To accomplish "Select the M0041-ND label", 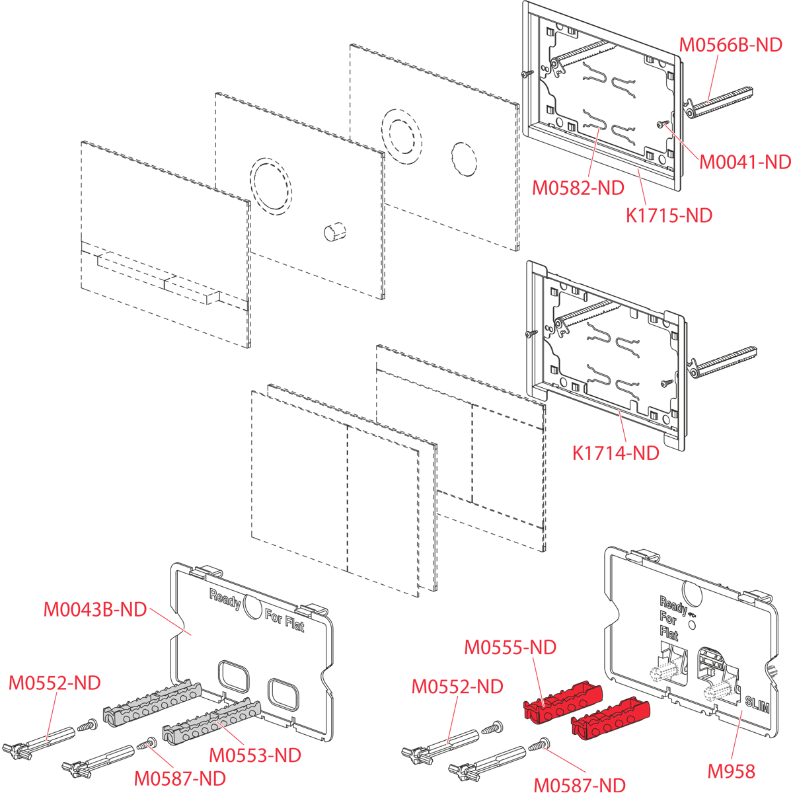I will point(745,162).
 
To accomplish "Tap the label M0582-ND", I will point(578,188).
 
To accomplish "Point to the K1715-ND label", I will point(669,215).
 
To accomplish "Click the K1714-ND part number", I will point(615,453).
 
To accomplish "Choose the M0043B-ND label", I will point(95,609).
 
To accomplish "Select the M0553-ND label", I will point(255,755).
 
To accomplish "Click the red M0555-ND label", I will point(510,647).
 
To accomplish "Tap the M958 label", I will point(731,771).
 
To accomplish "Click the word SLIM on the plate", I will point(757,704).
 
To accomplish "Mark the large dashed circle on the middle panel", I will point(270,186).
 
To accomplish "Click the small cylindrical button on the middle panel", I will point(334,232).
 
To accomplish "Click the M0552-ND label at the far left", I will point(54,683).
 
